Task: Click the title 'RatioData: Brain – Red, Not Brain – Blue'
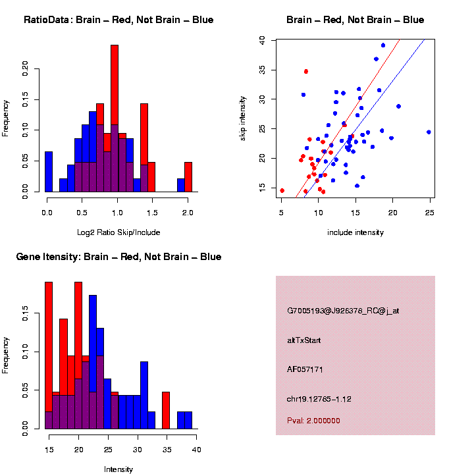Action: click(118, 20)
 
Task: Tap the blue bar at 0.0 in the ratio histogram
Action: click(48, 172)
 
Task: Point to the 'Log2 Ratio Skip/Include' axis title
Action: click(118, 232)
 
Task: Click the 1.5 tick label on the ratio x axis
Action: click(152, 213)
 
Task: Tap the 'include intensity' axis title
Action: click(355, 232)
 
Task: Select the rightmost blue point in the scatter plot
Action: click(429, 132)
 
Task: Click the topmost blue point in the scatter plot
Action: click(383, 45)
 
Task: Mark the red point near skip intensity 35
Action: click(306, 71)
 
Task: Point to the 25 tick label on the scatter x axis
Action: click(430, 213)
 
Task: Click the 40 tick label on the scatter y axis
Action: click(263, 40)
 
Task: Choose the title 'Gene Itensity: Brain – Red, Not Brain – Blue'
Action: click(118, 257)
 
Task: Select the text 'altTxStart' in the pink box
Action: click(304, 340)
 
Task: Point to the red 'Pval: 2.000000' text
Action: click(313, 420)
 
